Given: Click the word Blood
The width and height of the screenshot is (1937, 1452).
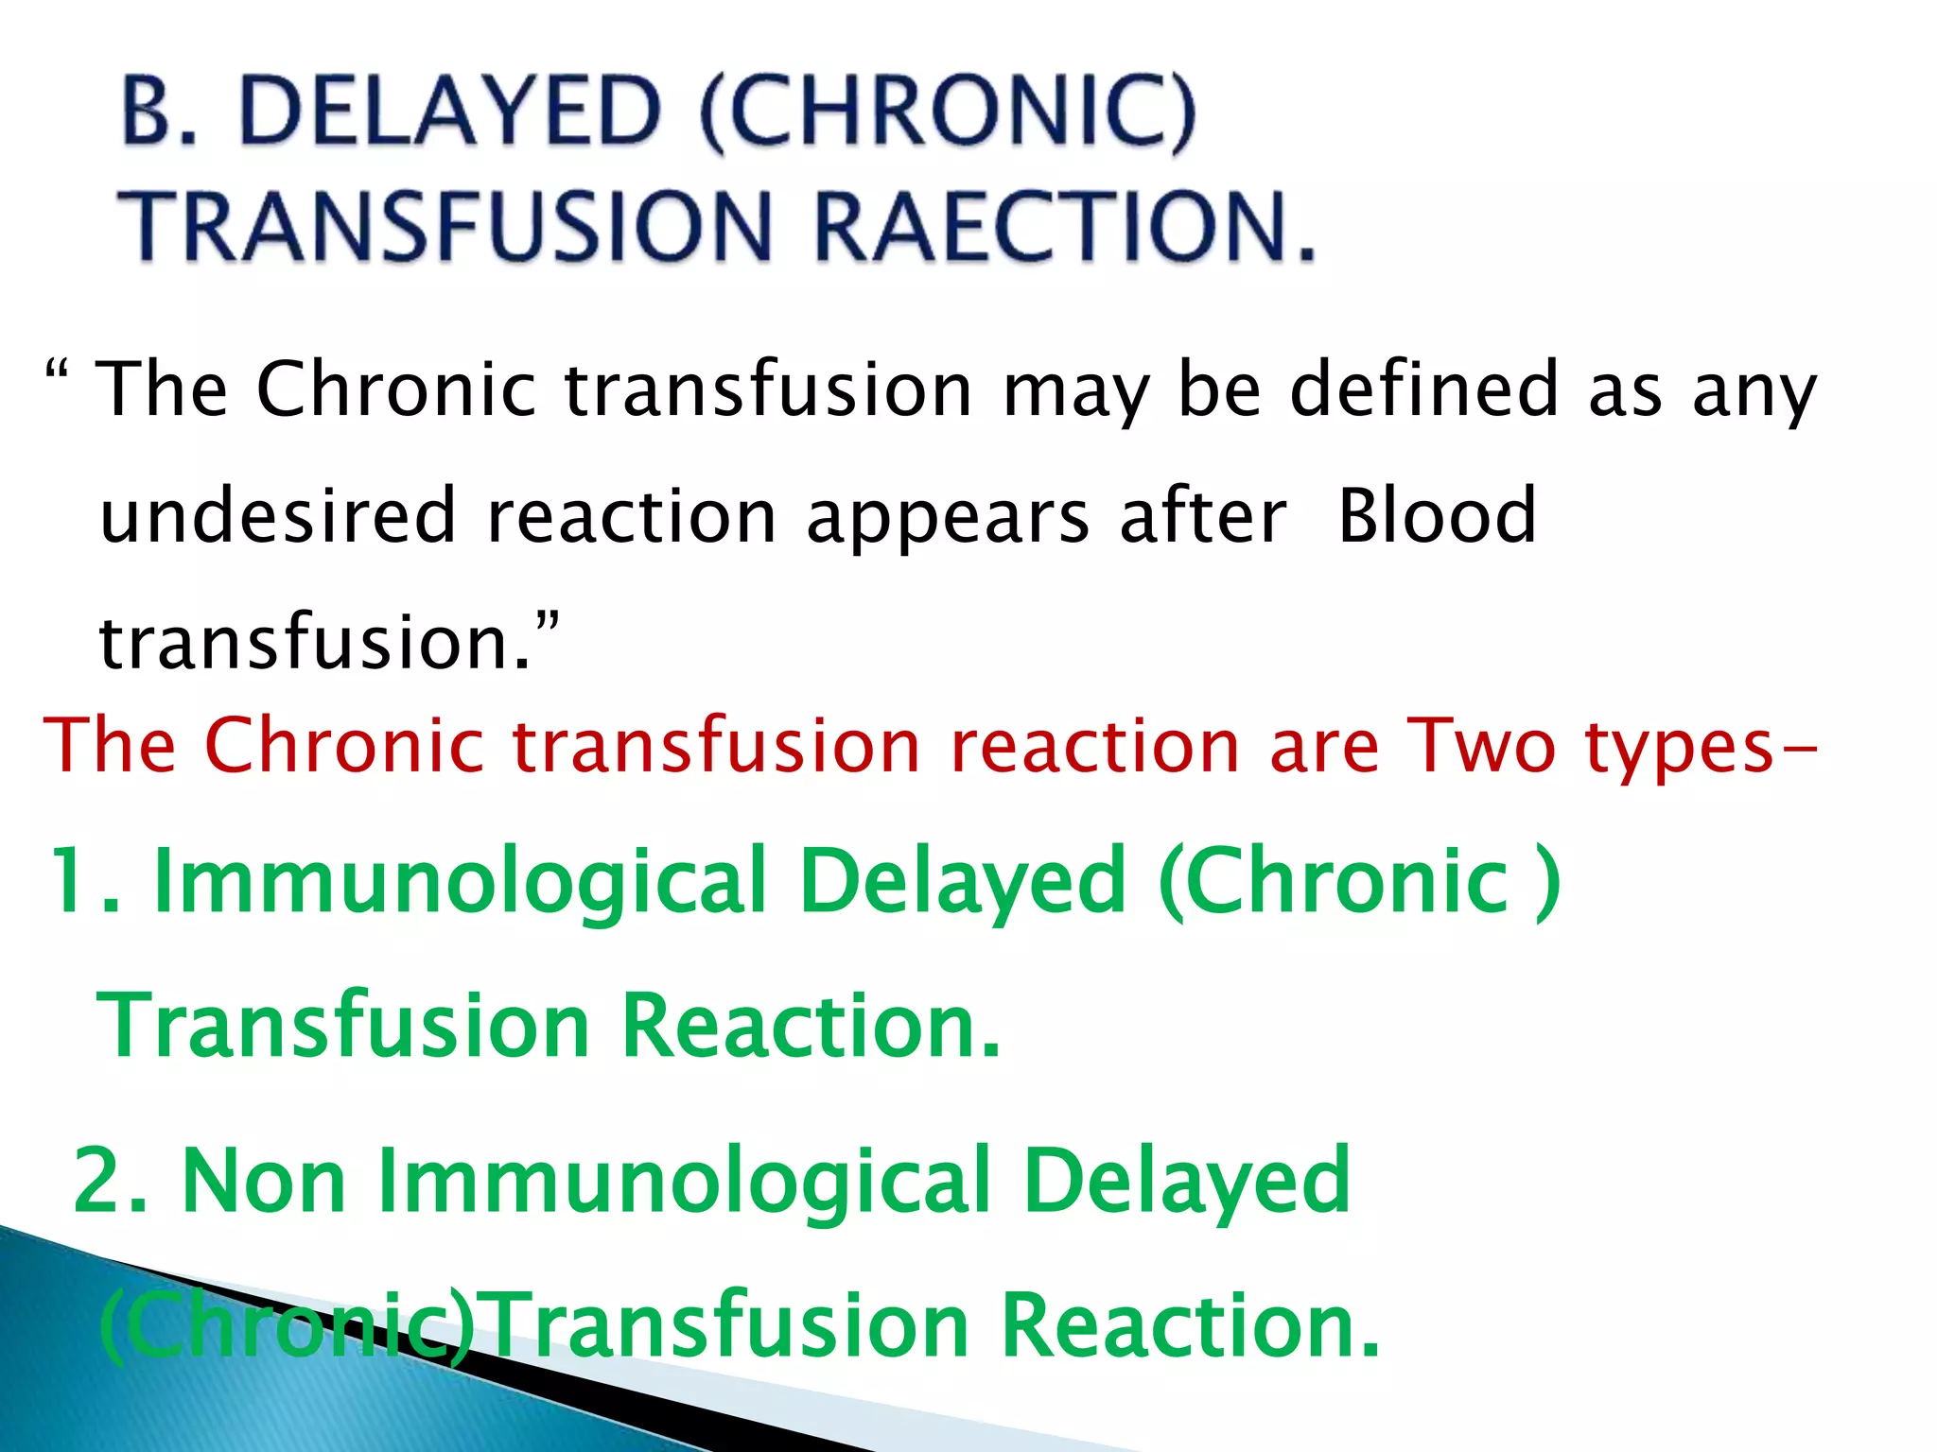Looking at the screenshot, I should pos(1437,516).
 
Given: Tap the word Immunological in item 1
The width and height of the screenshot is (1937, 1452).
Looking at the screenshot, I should pos(459,883).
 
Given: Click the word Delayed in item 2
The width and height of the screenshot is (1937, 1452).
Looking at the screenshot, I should pos(1187,1182).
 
